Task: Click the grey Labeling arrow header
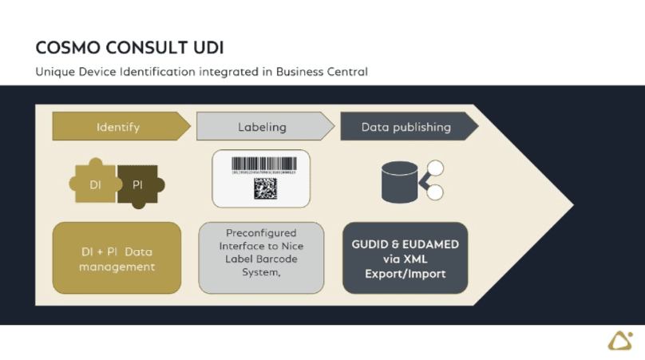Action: click(x=263, y=127)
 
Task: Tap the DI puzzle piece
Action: click(x=95, y=185)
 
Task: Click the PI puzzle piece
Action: click(x=138, y=185)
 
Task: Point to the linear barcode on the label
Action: click(x=263, y=164)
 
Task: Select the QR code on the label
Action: click(x=265, y=188)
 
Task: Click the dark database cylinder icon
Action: click(x=401, y=181)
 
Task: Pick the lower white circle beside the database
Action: click(x=435, y=192)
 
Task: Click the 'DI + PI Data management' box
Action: click(x=117, y=258)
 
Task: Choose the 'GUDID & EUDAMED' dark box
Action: click(x=405, y=258)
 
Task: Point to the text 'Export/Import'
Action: click(x=405, y=274)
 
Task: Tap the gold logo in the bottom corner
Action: click(x=619, y=341)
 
